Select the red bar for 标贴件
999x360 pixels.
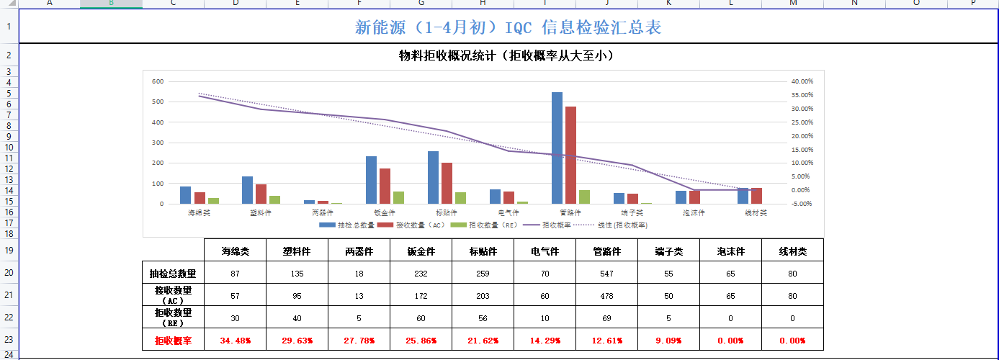[447, 184]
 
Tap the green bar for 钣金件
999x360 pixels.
[398, 198]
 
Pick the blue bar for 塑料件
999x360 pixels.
[247, 190]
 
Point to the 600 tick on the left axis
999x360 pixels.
[158, 81]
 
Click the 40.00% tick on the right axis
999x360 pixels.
[802, 81]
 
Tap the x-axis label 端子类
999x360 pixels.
[632, 213]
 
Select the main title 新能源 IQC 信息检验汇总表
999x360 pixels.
[508, 27]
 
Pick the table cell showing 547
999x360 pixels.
[606, 274]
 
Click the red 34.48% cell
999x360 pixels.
[235, 341]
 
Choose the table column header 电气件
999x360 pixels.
[545, 251]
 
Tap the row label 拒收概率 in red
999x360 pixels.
[173, 341]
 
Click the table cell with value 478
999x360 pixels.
[606, 296]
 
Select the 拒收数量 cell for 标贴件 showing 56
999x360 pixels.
[483, 318]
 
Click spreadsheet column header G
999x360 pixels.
[421, 4]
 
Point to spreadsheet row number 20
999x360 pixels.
[9, 274]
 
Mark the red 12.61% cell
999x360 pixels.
[606, 341]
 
